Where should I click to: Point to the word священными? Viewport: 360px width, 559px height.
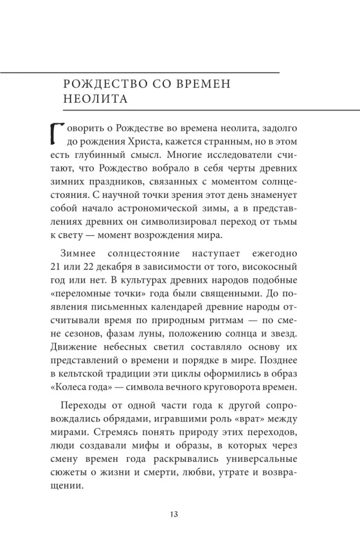tap(248, 292)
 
